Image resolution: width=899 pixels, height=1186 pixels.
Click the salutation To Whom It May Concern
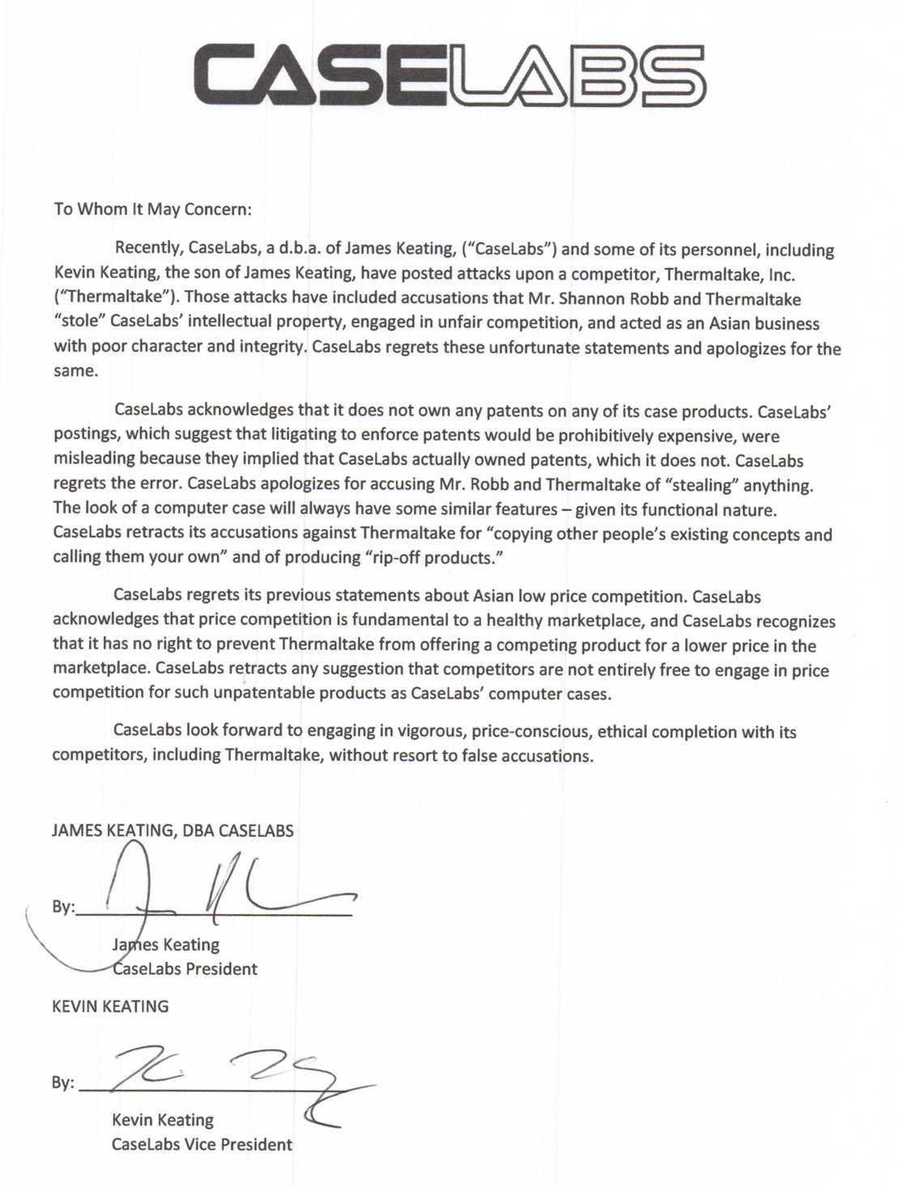tap(153, 208)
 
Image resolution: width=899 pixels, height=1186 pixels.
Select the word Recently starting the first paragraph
tap(148, 250)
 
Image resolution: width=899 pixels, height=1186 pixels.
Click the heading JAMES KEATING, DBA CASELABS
tap(173, 830)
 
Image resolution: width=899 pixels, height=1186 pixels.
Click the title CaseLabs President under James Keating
tap(185, 969)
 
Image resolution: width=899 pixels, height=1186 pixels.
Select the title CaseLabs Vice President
tap(202, 1145)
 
